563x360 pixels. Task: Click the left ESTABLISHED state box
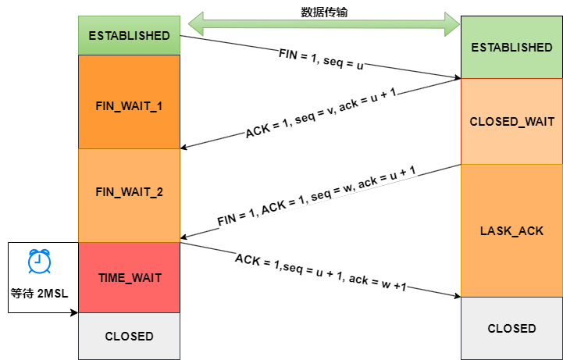click(129, 35)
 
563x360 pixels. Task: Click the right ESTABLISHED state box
click(511, 47)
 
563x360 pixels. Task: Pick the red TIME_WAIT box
click(129, 277)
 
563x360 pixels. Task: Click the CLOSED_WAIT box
click(511, 121)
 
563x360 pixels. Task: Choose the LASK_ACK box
click(511, 231)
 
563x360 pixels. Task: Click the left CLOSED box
click(129, 337)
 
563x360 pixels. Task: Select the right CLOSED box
click(511, 328)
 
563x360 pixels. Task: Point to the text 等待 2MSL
click(38, 294)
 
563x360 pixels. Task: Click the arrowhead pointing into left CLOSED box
click(74, 312)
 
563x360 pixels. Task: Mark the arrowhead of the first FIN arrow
click(456, 77)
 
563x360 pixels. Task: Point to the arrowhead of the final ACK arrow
click(456, 295)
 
